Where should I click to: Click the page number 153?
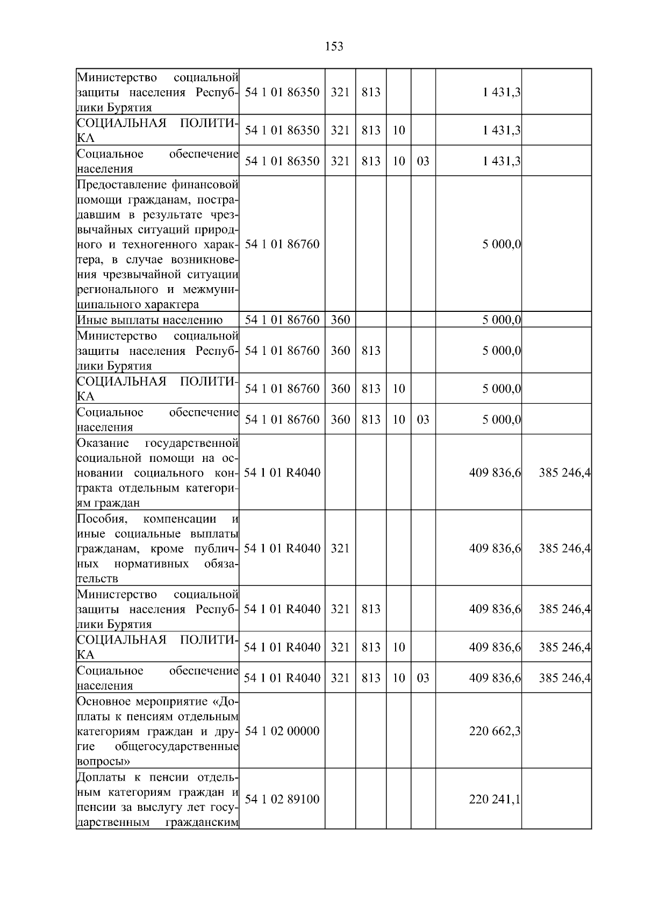coord(334,47)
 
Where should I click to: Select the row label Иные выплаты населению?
coord(150,320)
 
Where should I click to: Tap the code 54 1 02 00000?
coord(282,731)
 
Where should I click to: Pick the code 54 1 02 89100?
coord(282,799)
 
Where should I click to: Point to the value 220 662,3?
coord(494,731)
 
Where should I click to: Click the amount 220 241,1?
coord(494,799)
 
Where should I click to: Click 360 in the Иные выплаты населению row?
coord(340,320)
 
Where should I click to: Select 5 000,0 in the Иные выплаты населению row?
coord(501,320)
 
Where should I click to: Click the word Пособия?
coord(102,519)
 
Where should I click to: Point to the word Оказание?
coord(103,444)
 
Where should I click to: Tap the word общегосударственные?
coord(177,747)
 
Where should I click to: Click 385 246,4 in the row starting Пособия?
coord(564,548)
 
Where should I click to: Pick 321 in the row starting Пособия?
coord(340,548)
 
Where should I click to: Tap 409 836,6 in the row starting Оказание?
coord(494,473)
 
